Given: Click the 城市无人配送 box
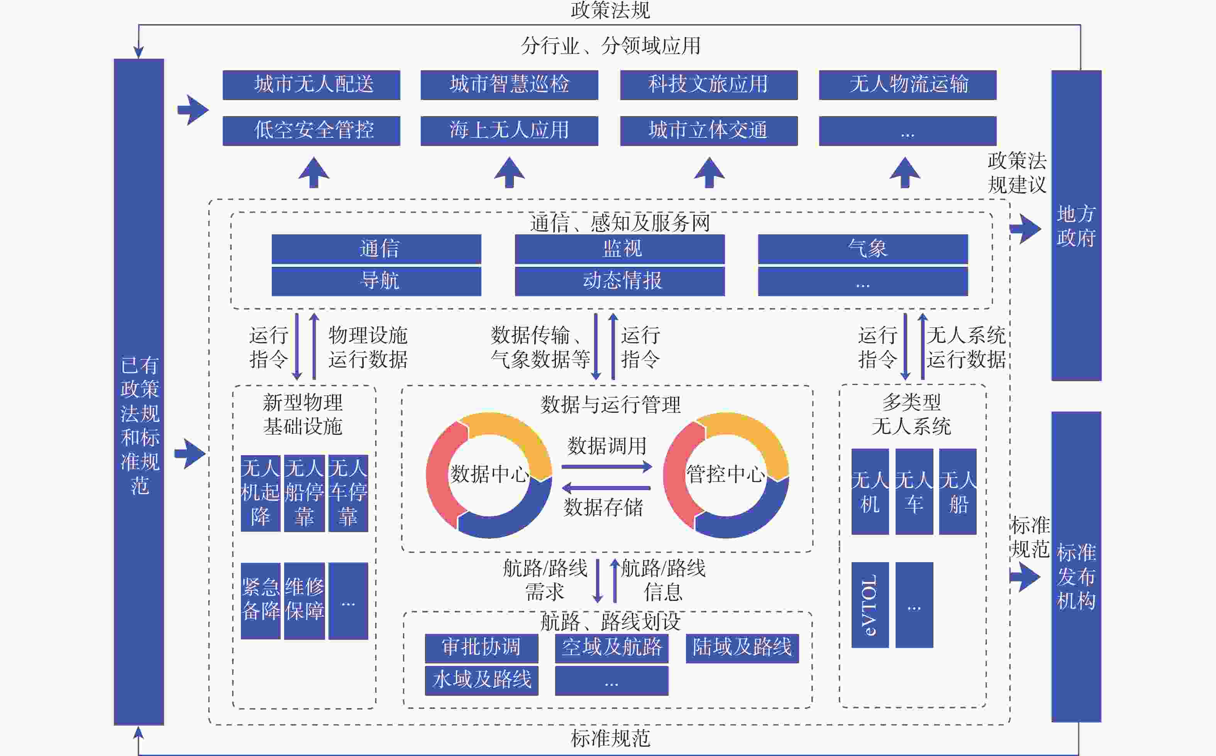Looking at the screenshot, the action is pos(312,85).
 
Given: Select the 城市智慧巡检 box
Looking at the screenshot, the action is pos(509,85).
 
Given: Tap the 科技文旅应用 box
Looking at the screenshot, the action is pos(709,85).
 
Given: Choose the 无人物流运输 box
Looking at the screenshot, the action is pos(908,85).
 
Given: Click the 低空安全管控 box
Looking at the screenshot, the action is pos(312,131).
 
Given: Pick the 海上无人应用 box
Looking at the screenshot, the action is pos(509,131).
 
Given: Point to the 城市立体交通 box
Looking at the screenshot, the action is pos(709,131).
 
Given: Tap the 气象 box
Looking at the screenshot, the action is pos(863,249).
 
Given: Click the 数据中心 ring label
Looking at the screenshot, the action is pos(489,473).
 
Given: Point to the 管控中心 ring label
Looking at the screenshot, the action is pos(726,473).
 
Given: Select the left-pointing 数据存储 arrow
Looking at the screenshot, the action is pos(606,488).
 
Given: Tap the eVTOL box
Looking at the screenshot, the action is pos(870,605).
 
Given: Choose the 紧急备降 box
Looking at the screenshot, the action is pos(261,601).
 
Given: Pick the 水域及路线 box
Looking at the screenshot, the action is pos(481,680).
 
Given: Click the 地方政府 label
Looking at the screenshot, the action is pos(1076,226).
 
